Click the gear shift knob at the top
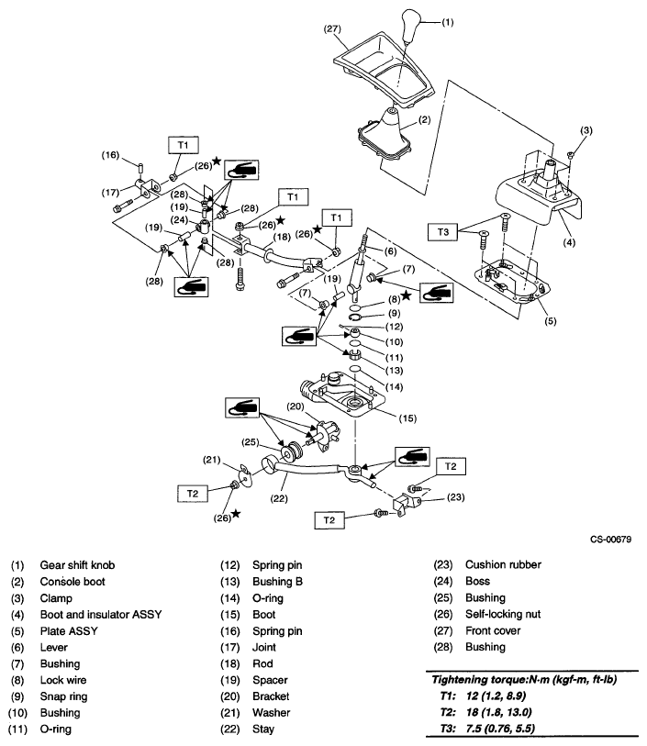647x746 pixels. pos(406,25)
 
